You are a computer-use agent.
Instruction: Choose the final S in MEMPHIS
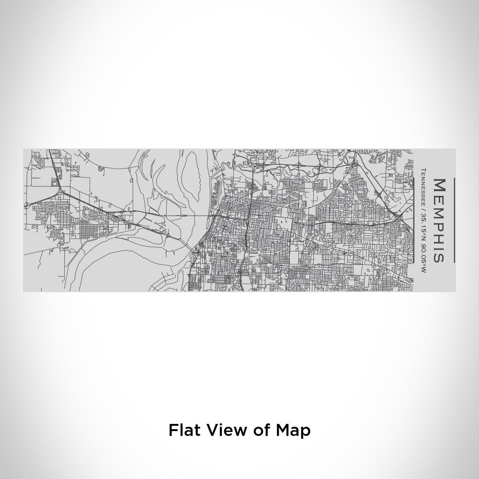pos(440,256)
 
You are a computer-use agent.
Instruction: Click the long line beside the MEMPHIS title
pos(454,220)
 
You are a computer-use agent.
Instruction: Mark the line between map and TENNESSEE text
pos(413,220)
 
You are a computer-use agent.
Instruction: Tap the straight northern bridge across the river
pos(187,216)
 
